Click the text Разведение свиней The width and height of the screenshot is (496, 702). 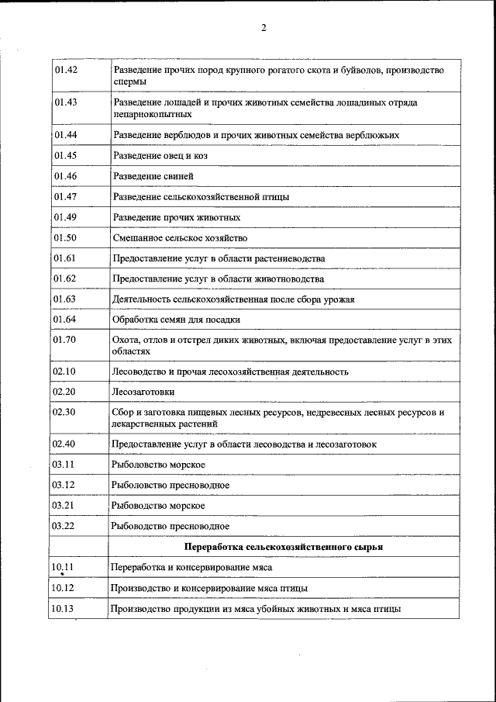[x=148, y=176]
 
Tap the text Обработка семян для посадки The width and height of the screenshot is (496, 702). [x=177, y=319]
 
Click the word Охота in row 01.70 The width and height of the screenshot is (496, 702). [x=126, y=341]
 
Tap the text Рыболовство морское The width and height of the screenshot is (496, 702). [x=158, y=464]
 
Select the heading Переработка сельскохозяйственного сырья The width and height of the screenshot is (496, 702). [x=284, y=546]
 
